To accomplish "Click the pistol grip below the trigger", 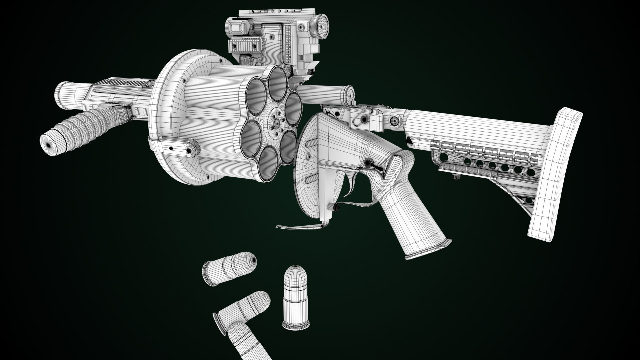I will point(413,217).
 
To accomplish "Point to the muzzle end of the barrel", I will point(63,97).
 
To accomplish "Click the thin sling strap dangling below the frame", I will point(300,227).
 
